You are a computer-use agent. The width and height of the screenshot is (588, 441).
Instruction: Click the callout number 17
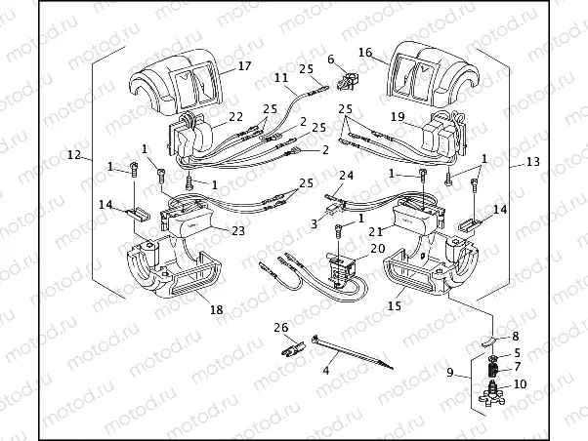tap(244, 67)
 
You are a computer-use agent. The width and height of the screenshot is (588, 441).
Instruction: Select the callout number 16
tap(364, 52)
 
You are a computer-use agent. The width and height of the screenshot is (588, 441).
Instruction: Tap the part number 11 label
tap(280, 77)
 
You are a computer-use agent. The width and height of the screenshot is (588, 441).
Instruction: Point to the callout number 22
tap(235, 116)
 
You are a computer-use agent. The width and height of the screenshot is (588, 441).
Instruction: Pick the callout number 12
tap(74, 154)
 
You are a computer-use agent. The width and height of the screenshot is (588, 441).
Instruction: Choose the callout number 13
tap(532, 160)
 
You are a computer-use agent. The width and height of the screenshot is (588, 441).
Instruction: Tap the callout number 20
tap(377, 250)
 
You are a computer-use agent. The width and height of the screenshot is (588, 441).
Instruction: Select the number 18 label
tap(215, 310)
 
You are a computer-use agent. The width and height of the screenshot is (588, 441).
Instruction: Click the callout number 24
tap(345, 176)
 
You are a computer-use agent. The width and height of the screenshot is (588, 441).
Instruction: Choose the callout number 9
tap(451, 371)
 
